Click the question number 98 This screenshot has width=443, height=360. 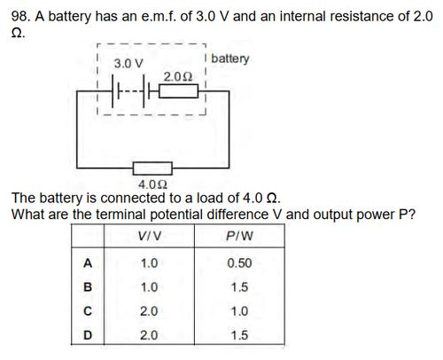coord(20,16)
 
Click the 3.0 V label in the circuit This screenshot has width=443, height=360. coord(128,64)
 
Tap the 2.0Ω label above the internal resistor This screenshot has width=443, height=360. coord(178,77)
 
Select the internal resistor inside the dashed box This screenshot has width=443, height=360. coord(179,91)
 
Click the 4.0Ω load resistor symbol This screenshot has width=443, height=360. coord(152,168)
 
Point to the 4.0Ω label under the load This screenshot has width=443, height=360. coord(152,184)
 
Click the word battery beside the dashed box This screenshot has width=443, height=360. coord(230,59)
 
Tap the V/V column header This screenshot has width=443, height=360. coord(150,236)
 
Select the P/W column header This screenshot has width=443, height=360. coord(239,236)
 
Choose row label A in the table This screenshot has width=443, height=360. coord(88,262)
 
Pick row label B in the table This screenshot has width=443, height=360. coord(88,287)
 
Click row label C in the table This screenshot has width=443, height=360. coord(88,311)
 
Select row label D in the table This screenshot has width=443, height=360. coord(88,335)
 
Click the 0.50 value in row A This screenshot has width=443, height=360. coord(239,263)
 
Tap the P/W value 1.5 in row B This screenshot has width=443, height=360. coord(239,287)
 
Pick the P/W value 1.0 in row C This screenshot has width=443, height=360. coord(239,311)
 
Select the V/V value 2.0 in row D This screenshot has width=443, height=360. coord(149,335)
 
